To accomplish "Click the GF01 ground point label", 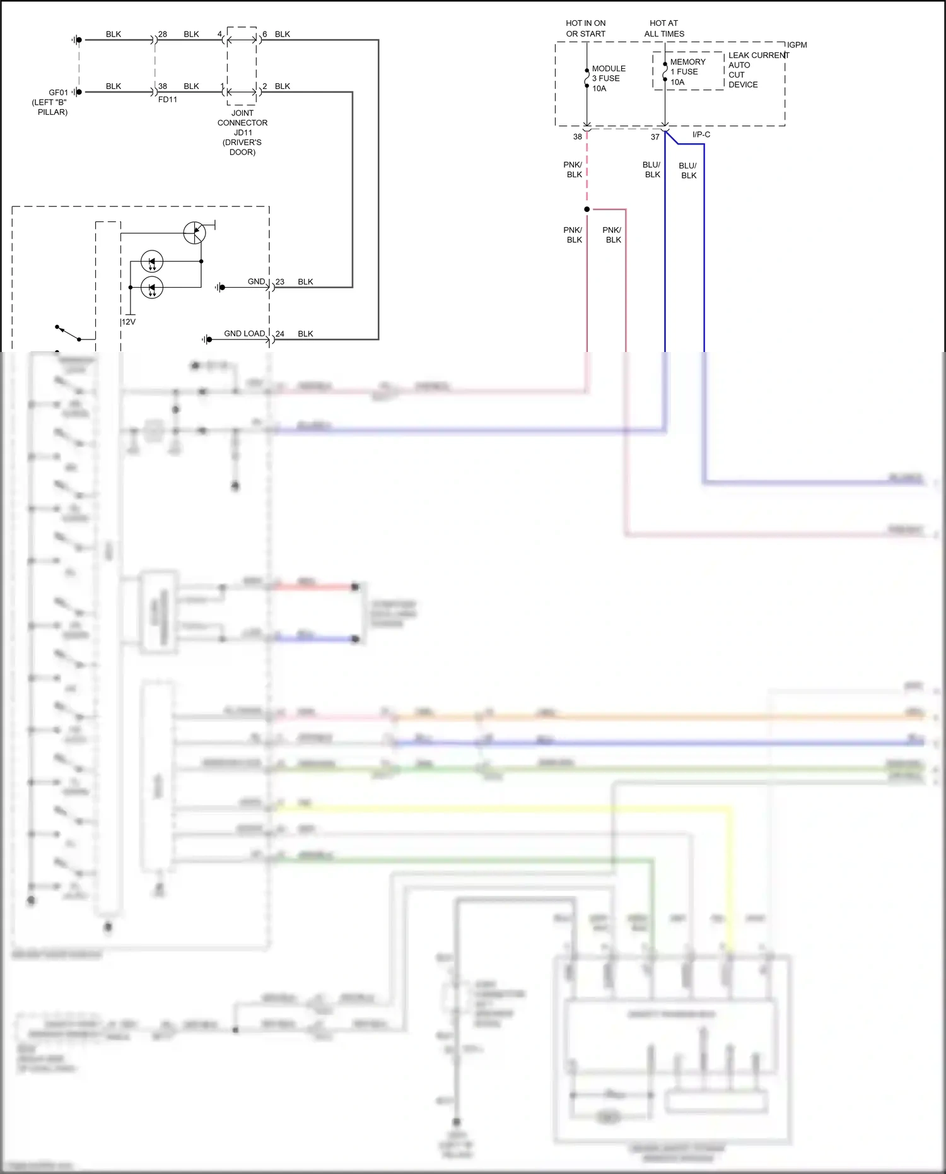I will tap(58, 93).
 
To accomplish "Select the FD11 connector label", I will tap(167, 100).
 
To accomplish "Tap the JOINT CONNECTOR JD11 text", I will tap(242, 123).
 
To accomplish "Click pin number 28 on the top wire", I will tap(163, 34).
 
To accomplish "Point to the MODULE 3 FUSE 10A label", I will tap(608, 78).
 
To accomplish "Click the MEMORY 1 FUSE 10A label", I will tap(687, 72).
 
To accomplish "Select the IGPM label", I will tap(797, 45).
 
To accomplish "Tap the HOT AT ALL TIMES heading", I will tap(663, 28).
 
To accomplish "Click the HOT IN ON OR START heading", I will tap(585, 28).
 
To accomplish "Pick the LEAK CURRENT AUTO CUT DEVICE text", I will tap(757, 70).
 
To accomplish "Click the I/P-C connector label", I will tap(701, 134).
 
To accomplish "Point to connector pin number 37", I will tap(655, 137).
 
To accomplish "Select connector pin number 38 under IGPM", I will tap(577, 137).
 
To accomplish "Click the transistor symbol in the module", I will tap(195, 233).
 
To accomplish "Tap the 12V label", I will tap(129, 322).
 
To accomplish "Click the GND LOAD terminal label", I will tap(244, 334).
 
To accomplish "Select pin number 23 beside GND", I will tap(280, 282).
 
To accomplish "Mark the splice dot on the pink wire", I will tap(587, 209).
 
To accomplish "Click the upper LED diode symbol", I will tap(151, 261).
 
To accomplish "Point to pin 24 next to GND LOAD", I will tap(280, 334).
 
